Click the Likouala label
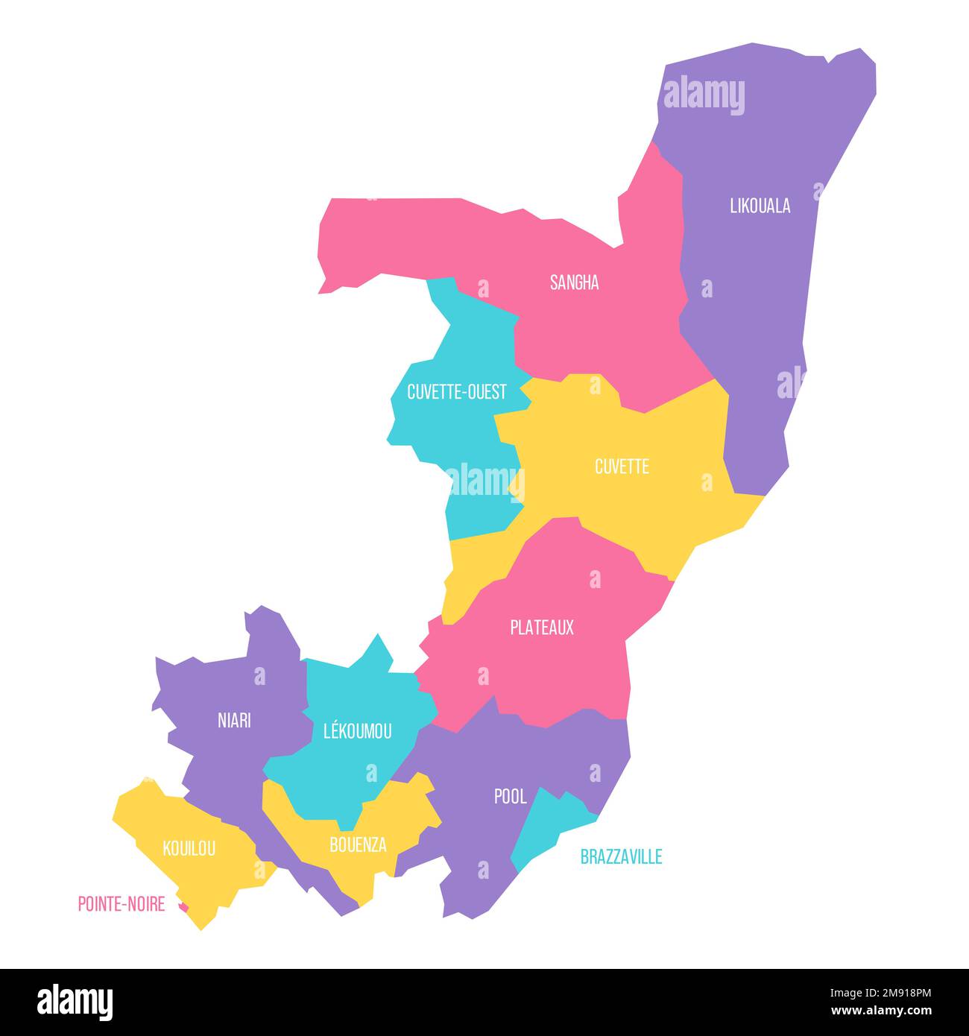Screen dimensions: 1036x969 (760, 206)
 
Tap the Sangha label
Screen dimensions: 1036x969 (574, 282)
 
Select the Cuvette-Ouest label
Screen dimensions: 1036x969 (456, 391)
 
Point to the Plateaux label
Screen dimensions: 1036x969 (542, 628)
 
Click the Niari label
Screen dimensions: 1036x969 (234, 721)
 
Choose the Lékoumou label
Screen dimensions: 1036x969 (357, 731)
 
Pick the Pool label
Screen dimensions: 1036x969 (510, 797)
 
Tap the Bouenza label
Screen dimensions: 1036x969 (358, 844)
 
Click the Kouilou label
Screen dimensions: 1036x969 (189, 848)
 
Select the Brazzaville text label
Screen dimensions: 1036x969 (621, 857)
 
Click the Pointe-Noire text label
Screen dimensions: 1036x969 (121, 904)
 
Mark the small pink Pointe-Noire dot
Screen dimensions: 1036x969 (183, 907)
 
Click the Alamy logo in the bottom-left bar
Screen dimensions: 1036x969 (75, 1002)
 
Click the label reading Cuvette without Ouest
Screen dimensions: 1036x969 (622, 467)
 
